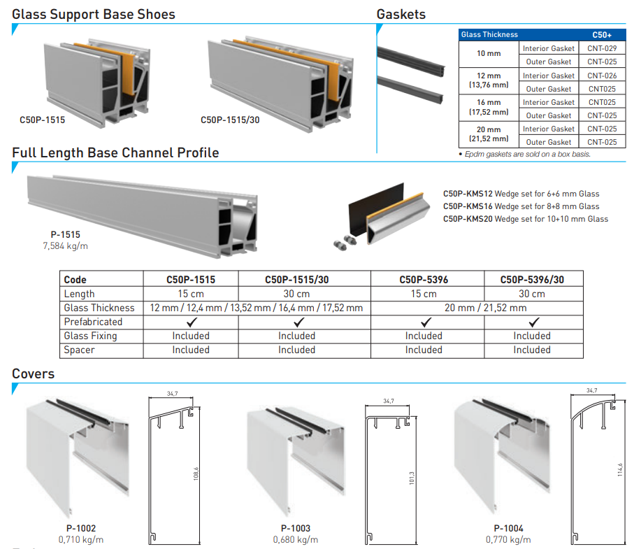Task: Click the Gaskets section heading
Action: pos(401,14)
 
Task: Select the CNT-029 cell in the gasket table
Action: pos(601,48)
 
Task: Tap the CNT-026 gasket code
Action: pos(601,76)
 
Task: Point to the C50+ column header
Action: pos(601,34)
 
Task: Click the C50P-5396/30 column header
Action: pos(532,280)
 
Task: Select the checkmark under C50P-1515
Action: pos(191,322)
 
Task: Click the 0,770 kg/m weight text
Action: pos(508,539)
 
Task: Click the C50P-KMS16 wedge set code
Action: pos(468,206)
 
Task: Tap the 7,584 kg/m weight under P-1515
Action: pos(66,245)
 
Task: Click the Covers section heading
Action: pos(33,373)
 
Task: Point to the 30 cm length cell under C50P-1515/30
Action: pos(296,294)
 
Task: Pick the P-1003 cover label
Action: pos(296,529)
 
